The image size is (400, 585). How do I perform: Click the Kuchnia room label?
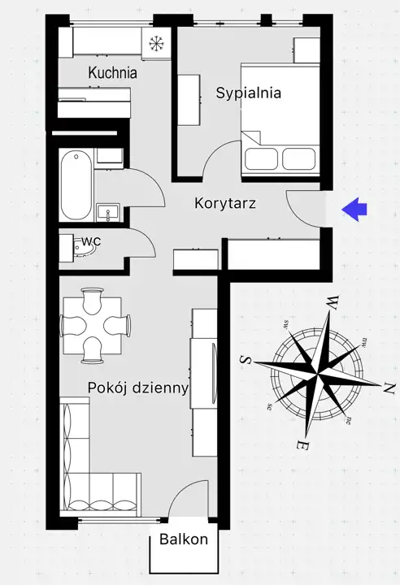coord(112,72)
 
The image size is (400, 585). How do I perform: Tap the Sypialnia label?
coord(248,93)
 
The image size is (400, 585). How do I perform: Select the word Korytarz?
coord(225,203)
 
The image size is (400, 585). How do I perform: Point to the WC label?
coord(91,241)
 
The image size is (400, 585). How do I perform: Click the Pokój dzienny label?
coord(138,388)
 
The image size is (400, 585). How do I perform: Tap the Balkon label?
coord(184,539)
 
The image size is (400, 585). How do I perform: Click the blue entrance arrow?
coord(354,210)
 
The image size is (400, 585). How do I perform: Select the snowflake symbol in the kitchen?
coord(156,43)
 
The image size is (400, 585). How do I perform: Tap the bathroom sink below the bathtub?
coord(108,213)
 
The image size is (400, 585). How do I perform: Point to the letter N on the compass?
coord(389,389)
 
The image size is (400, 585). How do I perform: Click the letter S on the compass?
coord(246,360)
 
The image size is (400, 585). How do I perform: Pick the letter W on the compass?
coord(333,301)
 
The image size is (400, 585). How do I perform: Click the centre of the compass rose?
coord(317,373)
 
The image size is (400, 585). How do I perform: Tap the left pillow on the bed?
coord(262,158)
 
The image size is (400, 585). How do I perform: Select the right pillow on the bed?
coord(299,158)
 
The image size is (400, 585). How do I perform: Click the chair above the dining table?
coord(92,301)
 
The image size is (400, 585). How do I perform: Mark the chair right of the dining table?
coord(117,324)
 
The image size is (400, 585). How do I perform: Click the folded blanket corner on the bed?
coord(251,136)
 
